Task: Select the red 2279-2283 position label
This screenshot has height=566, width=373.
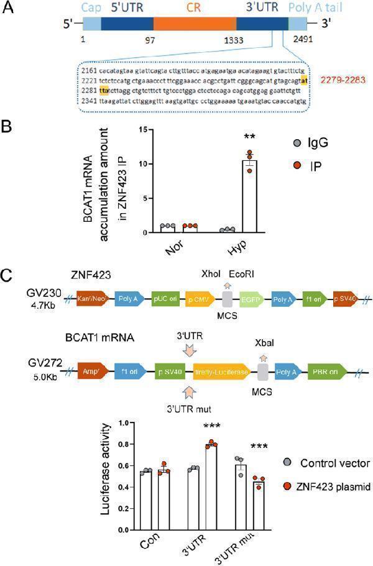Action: pos(343,80)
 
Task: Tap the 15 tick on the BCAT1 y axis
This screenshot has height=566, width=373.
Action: pos(144,129)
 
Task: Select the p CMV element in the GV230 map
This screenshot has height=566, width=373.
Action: pos(200,298)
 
